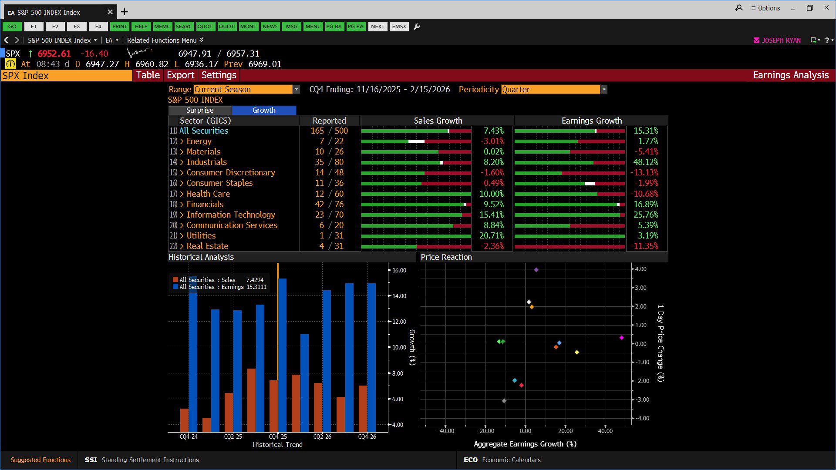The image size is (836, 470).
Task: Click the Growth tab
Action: point(264,110)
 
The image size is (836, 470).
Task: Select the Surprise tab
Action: point(200,110)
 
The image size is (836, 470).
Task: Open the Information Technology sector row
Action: point(231,215)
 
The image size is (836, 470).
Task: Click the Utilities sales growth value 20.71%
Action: point(492,235)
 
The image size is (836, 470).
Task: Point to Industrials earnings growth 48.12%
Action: point(646,162)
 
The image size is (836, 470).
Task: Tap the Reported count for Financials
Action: point(329,204)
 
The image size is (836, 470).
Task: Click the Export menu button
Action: point(180,75)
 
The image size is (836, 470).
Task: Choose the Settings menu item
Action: point(219,75)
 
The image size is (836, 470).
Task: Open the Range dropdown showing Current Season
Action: point(246,89)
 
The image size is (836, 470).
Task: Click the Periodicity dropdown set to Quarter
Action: point(554,89)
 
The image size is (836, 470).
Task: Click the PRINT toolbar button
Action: point(119,27)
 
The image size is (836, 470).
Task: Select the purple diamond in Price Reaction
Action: point(536,270)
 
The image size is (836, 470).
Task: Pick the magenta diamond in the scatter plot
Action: point(621,338)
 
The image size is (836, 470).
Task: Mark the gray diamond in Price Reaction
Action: point(504,401)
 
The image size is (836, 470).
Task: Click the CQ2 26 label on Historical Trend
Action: point(322,436)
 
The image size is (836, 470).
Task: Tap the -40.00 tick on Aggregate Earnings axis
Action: point(445,431)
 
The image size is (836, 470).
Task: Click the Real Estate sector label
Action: point(207,246)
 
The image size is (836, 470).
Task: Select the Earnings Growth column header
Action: point(591,121)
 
